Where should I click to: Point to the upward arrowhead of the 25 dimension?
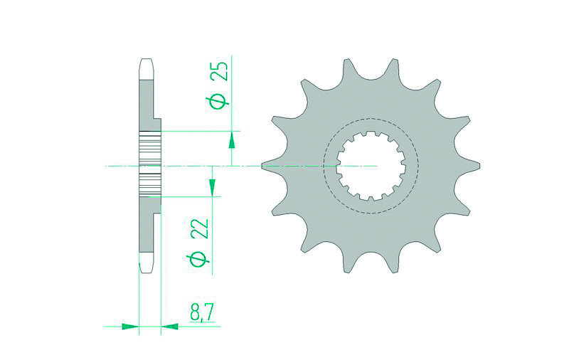point(232,141)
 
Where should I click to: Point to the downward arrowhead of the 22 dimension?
point(211,186)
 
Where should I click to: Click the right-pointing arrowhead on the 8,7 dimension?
point(129,327)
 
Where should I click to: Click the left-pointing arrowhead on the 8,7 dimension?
point(171,327)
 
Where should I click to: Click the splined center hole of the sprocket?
point(371,165)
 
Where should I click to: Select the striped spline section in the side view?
point(150,165)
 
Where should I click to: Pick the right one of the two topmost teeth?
point(393,68)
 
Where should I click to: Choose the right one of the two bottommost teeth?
point(393,263)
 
